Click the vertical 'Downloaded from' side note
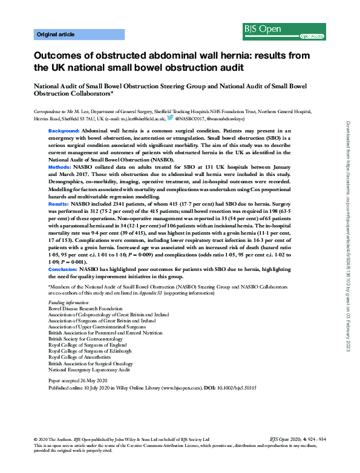(x=348, y=236)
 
